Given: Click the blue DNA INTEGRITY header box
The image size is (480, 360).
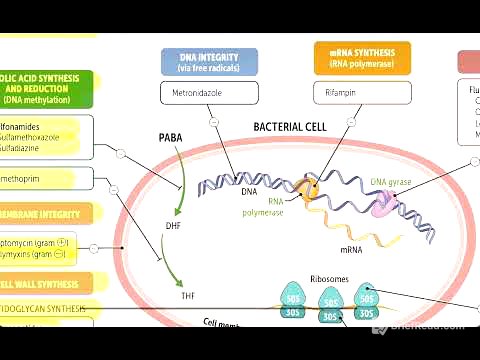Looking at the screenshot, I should click(x=209, y=61).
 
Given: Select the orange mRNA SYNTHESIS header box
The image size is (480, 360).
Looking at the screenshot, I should click(x=362, y=61).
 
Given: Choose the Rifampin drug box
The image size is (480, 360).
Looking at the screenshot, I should click(x=362, y=93).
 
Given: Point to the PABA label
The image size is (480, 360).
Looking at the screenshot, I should click(x=172, y=137).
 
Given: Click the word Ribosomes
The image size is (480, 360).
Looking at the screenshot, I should click(x=330, y=279).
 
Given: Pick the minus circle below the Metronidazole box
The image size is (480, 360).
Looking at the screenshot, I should click(x=214, y=122).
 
